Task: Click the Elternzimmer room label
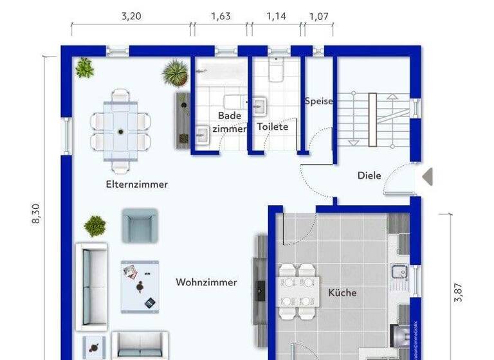point(136,184)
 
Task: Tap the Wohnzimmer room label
point(206,282)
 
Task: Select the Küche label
point(342,293)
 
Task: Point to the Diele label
point(369,175)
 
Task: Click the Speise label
point(318,101)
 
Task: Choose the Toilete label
point(273,127)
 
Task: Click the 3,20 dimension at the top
point(131,17)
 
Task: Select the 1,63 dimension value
point(221,17)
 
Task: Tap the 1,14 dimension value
point(276,17)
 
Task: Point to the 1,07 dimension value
point(318,17)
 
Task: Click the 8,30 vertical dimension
point(36,213)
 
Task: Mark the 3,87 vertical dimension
point(458,292)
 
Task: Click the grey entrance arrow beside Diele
point(427,176)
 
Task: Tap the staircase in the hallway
point(372,118)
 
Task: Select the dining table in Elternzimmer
point(121,130)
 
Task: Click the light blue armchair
point(139,225)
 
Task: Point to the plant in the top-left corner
point(84,67)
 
